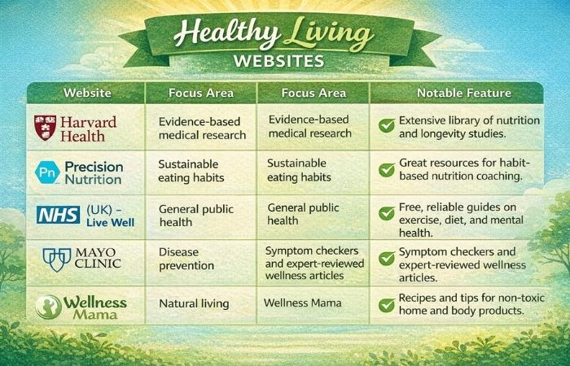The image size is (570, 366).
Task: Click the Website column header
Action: coord(87,93)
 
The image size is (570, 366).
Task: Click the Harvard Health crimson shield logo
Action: coord(45,128)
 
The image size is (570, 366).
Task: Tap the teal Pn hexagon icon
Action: coord(47,172)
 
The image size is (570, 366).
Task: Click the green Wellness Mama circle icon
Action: coord(49,306)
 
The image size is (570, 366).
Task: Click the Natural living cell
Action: coord(194,304)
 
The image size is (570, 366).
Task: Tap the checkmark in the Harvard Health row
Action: coord(387,126)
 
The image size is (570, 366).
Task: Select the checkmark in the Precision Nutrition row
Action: coord(387,170)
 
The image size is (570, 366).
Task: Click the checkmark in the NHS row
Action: coord(387,214)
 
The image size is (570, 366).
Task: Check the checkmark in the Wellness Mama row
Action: coord(387,305)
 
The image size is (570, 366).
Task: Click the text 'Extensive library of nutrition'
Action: coord(469,120)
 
